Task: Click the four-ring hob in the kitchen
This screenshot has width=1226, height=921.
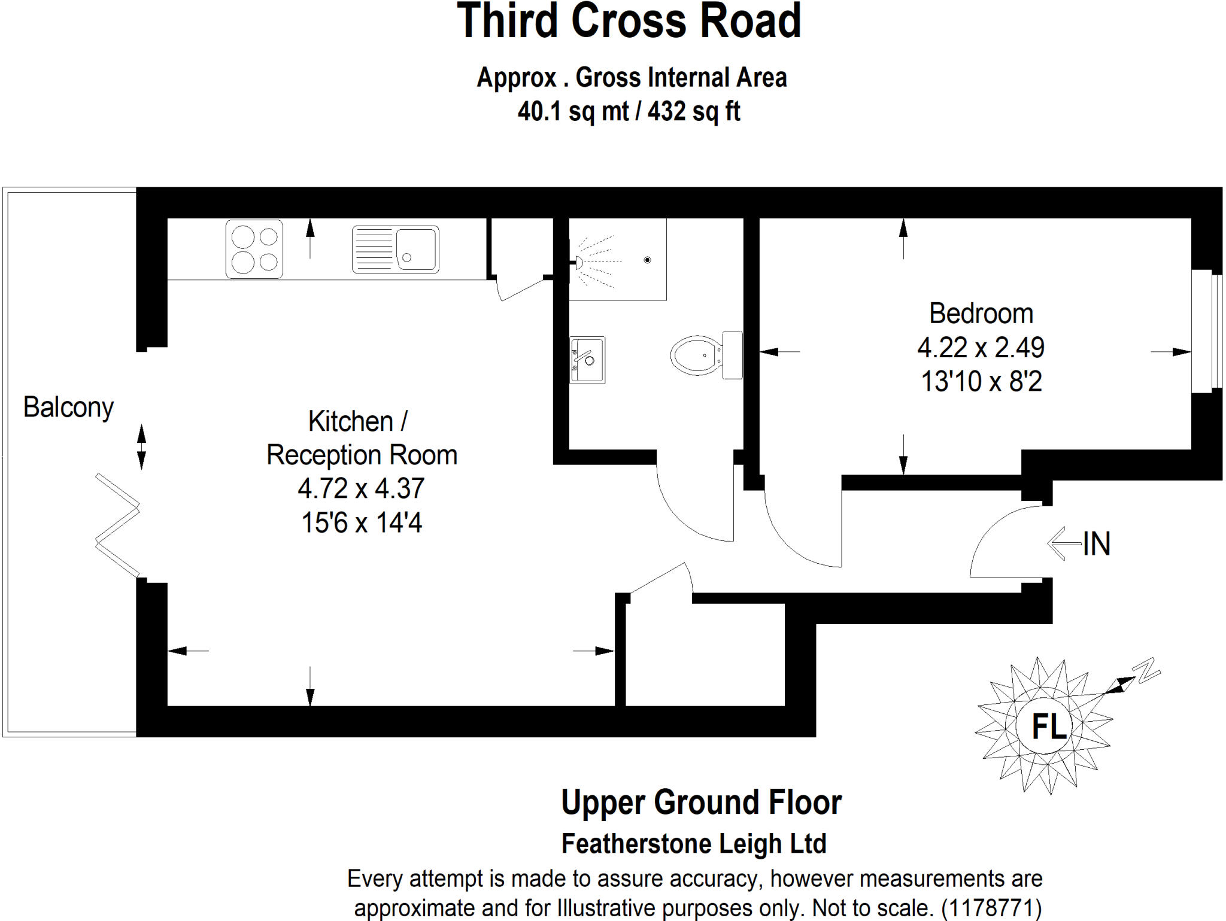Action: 254,249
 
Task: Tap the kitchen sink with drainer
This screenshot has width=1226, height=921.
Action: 395,249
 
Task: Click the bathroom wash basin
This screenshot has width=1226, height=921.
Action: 587,360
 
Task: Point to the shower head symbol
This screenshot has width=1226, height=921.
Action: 579,262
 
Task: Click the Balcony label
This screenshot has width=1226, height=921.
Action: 68,408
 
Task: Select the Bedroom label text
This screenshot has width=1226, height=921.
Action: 981,314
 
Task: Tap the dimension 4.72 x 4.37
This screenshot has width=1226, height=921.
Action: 361,488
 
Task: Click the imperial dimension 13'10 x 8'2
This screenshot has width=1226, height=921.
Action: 981,381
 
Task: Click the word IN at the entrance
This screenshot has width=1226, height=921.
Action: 1097,544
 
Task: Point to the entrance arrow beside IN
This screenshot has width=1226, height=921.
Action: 1064,543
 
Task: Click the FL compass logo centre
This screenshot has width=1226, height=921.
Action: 1049,727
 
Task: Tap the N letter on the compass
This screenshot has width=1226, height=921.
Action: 1147,671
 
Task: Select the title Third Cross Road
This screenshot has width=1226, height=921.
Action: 629,22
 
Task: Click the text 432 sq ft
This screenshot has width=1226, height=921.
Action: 694,111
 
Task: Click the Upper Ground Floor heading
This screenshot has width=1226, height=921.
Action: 701,803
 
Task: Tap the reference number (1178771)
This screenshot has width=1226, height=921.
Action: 991,908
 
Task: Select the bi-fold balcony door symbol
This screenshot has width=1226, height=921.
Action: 118,525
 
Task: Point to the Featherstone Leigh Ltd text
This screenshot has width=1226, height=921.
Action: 694,844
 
